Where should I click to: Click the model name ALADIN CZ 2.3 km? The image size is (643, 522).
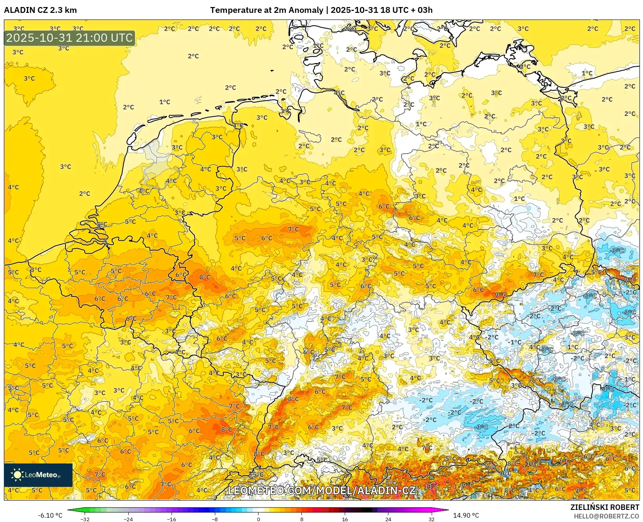click(40, 10)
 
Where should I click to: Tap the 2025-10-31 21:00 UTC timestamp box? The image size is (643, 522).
click(69, 38)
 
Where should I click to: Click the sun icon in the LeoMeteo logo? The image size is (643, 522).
click(17, 475)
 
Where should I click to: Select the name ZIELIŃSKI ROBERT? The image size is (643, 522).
click(605, 507)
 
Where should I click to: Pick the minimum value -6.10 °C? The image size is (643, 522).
click(50, 515)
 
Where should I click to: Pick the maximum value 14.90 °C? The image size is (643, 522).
click(466, 515)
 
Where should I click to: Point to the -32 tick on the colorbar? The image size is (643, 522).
click(85, 519)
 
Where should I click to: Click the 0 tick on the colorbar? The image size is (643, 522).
click(258, 519)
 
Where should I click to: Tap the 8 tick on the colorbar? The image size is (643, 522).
click(301, 519)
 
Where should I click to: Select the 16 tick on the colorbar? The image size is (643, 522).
click(345, 519)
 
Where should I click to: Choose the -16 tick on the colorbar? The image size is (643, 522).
click(172, 519)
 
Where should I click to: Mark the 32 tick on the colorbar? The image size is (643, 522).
click(431, 519)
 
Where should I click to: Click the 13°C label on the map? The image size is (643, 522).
click(432, 486)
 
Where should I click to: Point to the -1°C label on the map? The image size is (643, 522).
click(515, 342)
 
